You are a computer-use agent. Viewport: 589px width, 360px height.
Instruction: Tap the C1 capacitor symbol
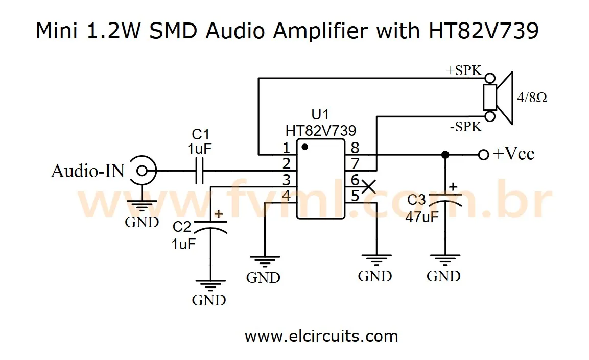(199, 170)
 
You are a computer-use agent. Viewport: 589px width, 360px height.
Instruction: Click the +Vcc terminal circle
(483, 155)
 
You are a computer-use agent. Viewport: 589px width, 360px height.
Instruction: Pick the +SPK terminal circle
(490, 78)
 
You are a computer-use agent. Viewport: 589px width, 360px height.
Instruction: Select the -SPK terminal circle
(490, 117)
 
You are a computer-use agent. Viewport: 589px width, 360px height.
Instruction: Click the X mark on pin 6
(368, 186)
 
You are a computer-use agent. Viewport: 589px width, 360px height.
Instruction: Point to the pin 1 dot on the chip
(304, 147)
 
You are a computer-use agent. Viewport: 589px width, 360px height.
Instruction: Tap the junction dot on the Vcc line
(445, 155)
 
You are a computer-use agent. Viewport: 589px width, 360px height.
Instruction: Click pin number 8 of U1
(355, 148)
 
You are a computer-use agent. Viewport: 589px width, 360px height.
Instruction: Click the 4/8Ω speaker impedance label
(532, 98)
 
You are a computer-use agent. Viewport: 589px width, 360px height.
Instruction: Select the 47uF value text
(422, 217)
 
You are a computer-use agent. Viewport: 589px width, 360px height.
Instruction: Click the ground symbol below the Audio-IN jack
(141, 207)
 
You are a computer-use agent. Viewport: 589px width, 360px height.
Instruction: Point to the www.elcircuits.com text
(321, 337)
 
